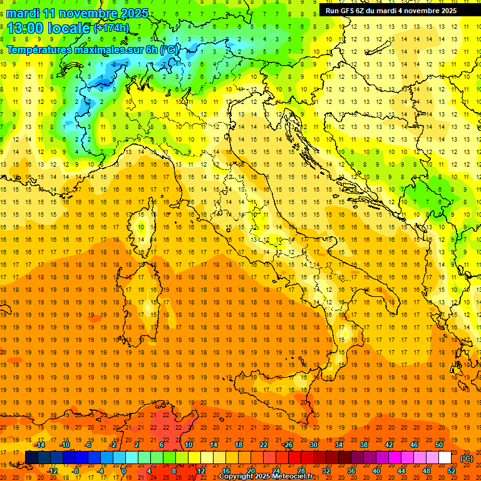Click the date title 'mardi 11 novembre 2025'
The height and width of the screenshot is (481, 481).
(x=78, y=13)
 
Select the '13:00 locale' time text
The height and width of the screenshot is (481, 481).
(x=48, y=28)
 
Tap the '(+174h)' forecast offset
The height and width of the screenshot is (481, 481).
(x=111, y=28)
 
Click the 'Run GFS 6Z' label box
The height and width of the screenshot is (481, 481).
(x=391, y=10)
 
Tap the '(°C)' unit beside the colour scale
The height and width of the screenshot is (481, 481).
(x=467, y=458)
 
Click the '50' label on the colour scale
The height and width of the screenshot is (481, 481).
(x=438, y=445)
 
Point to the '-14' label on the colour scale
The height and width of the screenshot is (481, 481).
(x=40, y=445)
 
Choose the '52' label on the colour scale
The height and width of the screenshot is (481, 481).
(x=452, y=470)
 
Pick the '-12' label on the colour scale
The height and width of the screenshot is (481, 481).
(x=52, y=470)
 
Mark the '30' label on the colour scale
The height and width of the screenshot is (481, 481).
(x=313, y=445)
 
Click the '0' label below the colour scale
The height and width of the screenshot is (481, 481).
(x=124, y=470)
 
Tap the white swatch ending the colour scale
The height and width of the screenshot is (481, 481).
(x=445, y=457)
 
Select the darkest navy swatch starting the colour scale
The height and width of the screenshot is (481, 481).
(x=31, y=457)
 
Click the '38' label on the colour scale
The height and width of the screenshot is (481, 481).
(x=363, y=445)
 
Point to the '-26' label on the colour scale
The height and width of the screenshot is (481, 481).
(x=287, y=445)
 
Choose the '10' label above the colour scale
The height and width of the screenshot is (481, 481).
(x=188, y=445)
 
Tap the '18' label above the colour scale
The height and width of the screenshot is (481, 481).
(x=238, y=445)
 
